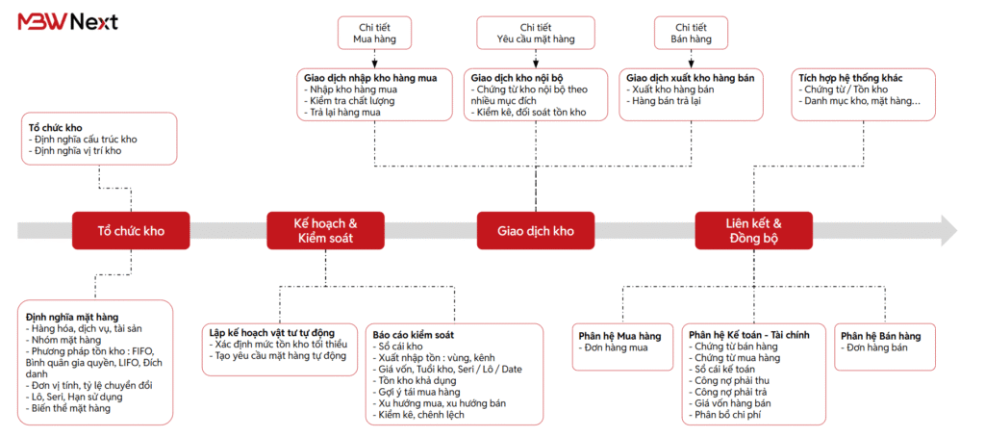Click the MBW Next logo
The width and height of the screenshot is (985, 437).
68,22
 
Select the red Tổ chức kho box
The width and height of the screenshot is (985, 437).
131,231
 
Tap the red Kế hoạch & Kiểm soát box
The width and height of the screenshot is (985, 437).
325,231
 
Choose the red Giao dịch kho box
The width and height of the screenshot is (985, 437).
536,231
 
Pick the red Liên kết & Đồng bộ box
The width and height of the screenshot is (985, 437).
753,231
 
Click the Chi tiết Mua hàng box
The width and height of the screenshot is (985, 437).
374,34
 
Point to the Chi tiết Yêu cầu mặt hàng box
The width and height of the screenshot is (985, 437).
535,34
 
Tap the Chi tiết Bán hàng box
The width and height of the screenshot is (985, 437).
691,34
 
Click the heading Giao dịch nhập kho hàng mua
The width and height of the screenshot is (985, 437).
370,78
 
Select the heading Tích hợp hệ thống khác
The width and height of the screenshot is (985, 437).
850,78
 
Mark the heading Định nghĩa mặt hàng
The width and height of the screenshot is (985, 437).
72,317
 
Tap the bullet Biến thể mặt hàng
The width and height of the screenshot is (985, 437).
70,408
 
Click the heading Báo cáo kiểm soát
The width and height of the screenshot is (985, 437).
414,335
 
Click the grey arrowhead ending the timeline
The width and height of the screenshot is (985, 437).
947,230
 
